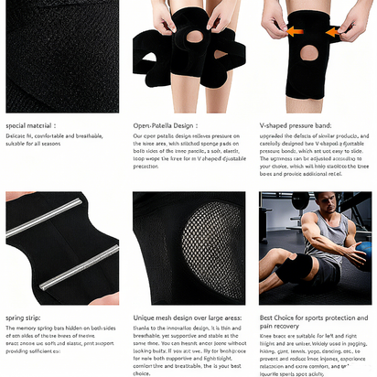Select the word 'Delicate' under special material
pyautogui.click(x=16, y=135)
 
